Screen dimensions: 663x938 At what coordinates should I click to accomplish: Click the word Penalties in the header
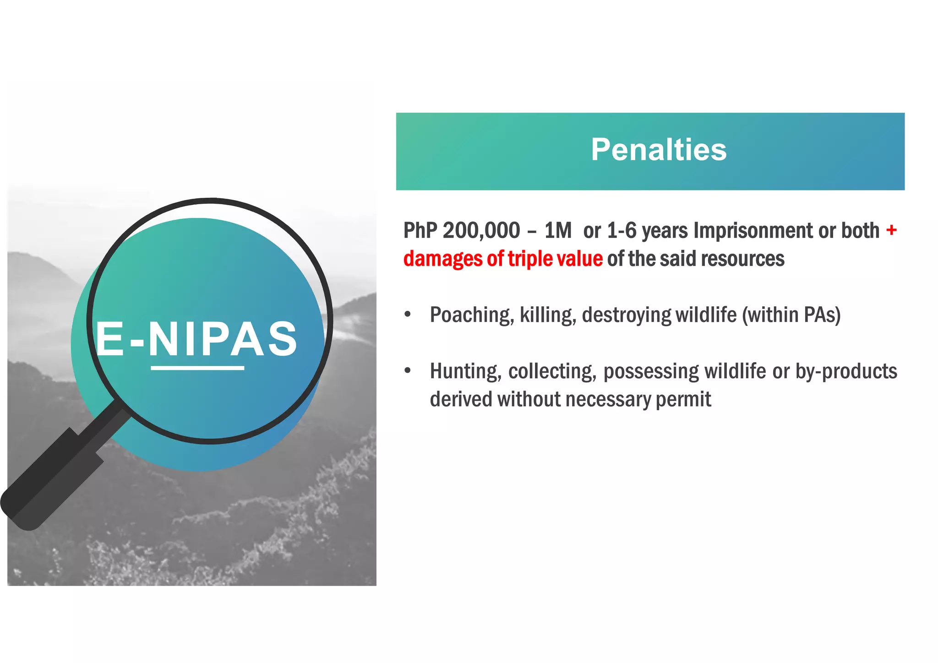coord(658,150)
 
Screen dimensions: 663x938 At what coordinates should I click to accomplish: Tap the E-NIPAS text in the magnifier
coord(197,339)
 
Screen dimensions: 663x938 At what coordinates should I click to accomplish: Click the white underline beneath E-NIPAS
coord(197,368)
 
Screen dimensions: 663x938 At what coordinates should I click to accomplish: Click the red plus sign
coord(891,229)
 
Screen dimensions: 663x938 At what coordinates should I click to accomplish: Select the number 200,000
coord(481,230)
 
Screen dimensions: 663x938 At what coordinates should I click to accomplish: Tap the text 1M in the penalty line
coord(558,230)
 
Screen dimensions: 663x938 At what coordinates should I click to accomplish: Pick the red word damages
coord(442,259)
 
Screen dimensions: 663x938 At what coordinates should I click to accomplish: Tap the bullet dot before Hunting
coord(408,370)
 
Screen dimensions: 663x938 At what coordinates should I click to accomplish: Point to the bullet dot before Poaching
coord(408,315)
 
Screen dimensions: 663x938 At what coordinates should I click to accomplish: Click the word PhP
coord(420,230)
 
